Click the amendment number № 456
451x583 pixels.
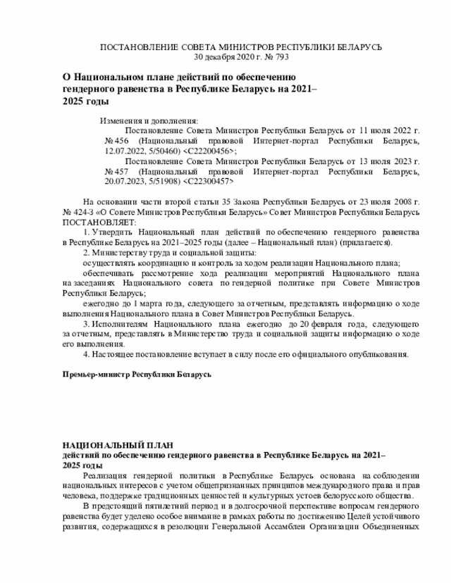point(114,141)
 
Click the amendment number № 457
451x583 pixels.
point(114,171)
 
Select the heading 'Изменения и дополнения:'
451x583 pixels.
point(149,120)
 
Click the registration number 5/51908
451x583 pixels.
point(163,181)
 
